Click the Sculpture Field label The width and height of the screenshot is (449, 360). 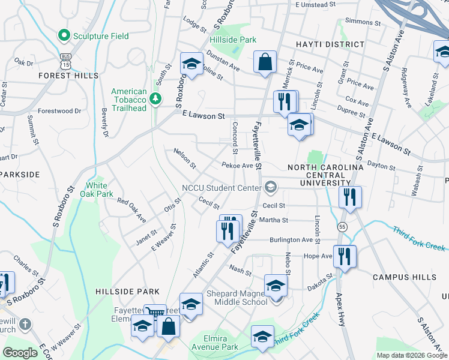click(x=101, y=36)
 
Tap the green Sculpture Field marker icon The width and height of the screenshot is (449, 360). click(x=64, y=36)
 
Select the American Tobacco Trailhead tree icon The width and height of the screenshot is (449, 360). click(x=155, y=98)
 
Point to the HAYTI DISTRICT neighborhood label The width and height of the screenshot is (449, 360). click(x=330, y=44)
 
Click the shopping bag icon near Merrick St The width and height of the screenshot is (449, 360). click(x=265, y=62)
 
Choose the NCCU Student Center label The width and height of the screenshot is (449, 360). click(x=221, y=188)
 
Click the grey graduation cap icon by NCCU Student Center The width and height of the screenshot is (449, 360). click(x=270, y=188)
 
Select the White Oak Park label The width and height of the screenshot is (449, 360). click(x=100, y=190)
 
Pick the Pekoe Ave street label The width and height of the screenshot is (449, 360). click(x=237, y=165)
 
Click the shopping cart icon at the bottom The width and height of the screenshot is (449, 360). click(x=155, y=312)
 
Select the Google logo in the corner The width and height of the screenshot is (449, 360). click(x=20, y=353)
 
